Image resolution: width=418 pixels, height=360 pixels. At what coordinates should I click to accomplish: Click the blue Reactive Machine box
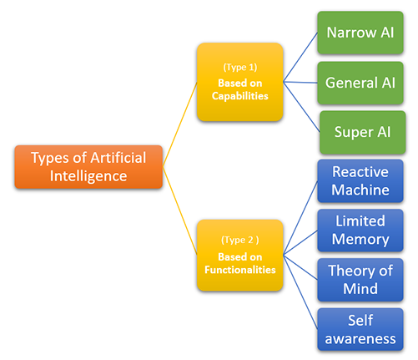[360, 180]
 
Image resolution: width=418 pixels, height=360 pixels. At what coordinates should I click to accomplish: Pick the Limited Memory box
[360, 230]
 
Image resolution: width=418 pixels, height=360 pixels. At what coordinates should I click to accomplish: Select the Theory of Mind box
[360, 279]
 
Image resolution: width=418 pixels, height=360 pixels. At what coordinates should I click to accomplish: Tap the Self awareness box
[360, 327]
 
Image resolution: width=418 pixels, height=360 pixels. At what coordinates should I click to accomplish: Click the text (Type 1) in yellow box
[239, 64]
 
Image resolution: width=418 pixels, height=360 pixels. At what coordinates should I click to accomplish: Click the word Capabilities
[239, 96]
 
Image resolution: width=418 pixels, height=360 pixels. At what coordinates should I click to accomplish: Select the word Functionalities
[239, 269]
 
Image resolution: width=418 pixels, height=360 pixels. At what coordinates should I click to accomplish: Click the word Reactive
[360, 172]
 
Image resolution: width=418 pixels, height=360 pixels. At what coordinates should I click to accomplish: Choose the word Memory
[360, 239]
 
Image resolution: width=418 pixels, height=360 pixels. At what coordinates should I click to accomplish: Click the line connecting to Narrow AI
[302, 58]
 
